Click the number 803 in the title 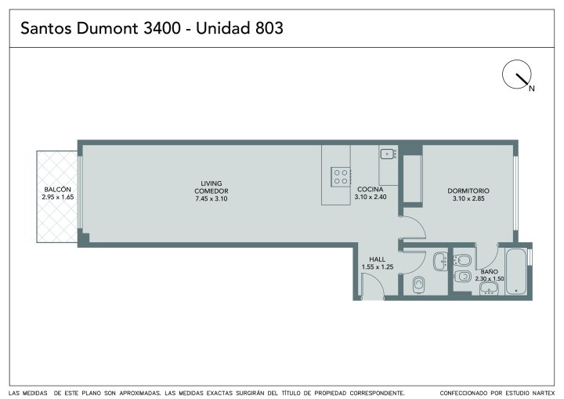tap(269, 28)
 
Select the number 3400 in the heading tap(162, 28)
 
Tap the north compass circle tap(516, 74)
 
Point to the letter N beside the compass tap(532, 89)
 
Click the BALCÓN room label tap(57, 190)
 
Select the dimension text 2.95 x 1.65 tap(58, 197)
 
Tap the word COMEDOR tap(211, 191)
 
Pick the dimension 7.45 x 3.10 tap(211, 199)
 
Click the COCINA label tap(370, 190)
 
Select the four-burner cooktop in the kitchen tap(341, 177)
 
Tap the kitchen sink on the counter tap(389, 154)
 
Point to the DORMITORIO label tap(468, 190)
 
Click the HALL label tap(378, 259)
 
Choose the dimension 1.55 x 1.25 tap(378, 267)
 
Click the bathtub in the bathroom tap(516, 272)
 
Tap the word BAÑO tap(490, 272)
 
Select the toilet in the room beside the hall tap(418, 285)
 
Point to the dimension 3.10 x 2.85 tap(468, 198)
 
